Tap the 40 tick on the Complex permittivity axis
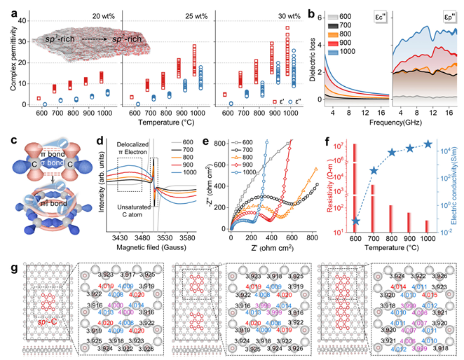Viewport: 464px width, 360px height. click(x=20, y=22)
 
